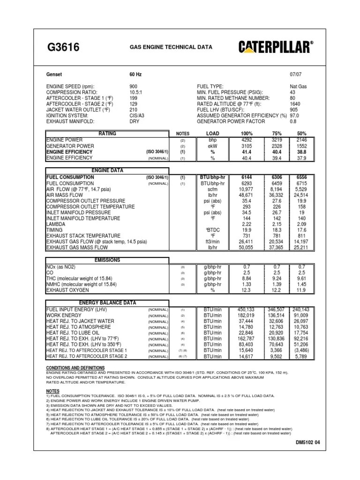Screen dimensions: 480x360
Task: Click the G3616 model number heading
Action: [63, 47]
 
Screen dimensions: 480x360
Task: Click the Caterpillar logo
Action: [276, 47]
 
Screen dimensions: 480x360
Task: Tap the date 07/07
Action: [297, 74]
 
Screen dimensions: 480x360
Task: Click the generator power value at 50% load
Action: [301, 146]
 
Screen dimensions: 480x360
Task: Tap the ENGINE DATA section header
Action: [107, 171]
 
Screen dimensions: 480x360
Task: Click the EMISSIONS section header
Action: [107, 260]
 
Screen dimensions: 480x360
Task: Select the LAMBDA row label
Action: [55, 224]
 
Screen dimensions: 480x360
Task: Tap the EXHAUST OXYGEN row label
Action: [67, 290]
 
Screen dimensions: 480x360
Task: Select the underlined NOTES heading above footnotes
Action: [53, 390]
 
